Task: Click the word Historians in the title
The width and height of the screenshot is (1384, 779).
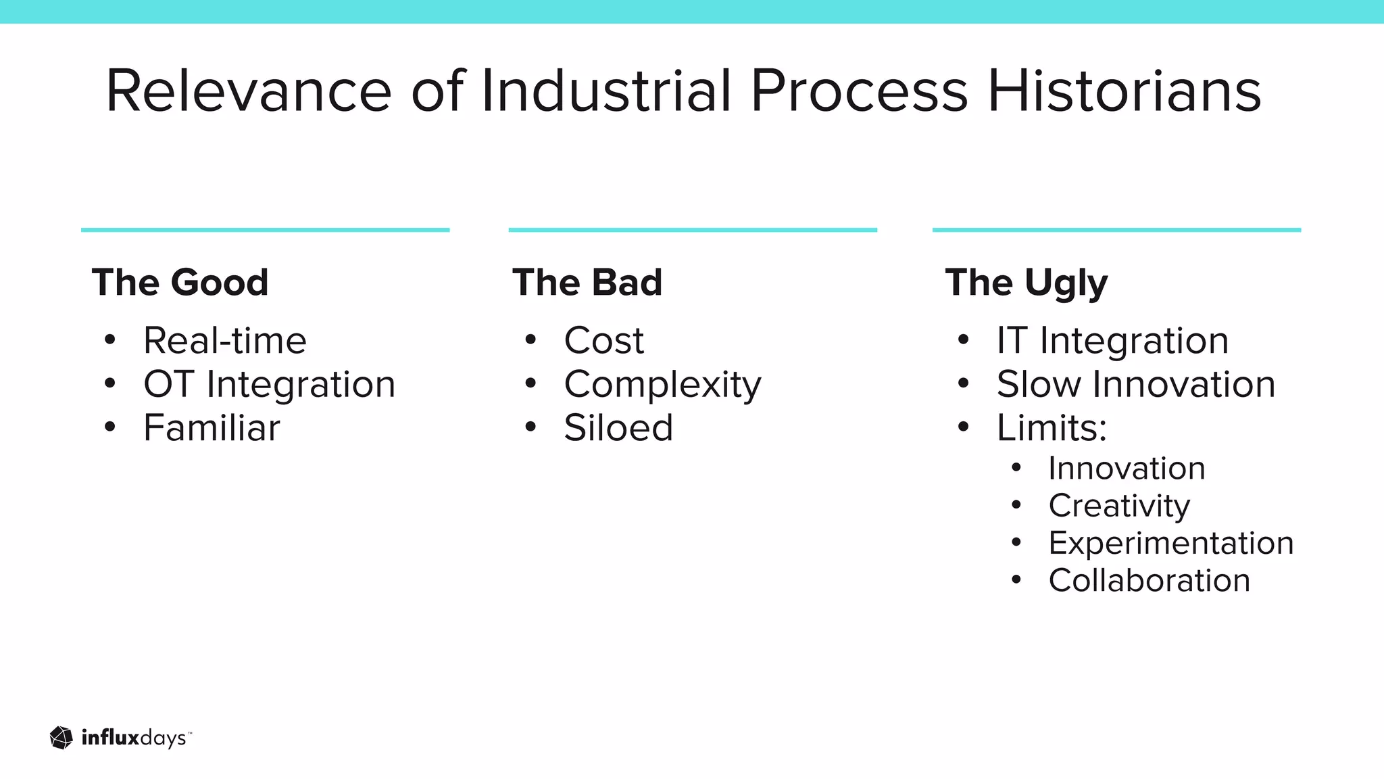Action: (1124, 91)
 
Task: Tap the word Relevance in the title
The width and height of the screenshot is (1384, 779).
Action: (249, 91)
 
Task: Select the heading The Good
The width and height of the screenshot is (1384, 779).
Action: (180, 282)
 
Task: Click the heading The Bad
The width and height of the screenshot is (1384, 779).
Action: (587, 282)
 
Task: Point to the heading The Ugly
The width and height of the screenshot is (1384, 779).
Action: (1027, 283)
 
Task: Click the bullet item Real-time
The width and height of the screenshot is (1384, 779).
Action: (225, 340)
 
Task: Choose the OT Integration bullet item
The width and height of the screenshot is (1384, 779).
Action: (269, 384)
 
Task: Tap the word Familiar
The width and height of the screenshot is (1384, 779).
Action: (212, 428)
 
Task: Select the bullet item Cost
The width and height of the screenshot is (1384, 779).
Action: (603, 340)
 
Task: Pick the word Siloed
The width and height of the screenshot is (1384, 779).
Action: (618, 428)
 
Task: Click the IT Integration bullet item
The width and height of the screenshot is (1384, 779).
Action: (1112, 340)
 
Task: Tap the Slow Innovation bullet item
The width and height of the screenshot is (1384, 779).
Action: (1136, 384)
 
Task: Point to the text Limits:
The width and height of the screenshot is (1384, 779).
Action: (1052, 428)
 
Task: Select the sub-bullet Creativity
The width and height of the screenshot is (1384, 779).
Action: (1119, 506)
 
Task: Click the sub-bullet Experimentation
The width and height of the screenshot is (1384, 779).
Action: (1170, 543)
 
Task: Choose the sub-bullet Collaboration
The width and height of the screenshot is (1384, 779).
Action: (1149, 580)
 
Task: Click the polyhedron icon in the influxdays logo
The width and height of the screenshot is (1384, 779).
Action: (61, 738)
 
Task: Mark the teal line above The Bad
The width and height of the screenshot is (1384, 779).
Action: (693, 230)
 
